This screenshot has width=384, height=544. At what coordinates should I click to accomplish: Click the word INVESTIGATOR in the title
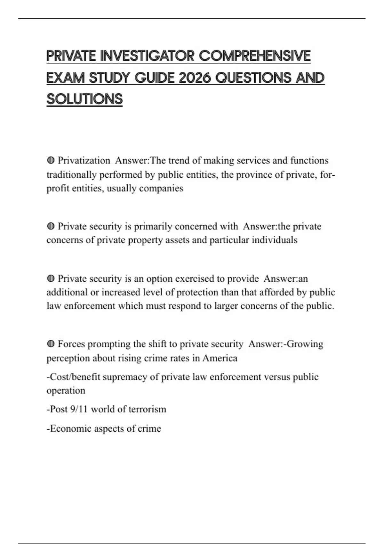tap(148, 56)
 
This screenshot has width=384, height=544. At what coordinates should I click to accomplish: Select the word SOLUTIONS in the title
tap(84, 99)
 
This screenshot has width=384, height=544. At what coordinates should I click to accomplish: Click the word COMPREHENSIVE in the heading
tap(255, 56)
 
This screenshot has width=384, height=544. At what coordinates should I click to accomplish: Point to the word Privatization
tap(84, 160)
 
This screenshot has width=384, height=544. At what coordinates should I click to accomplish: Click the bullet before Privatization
tap(51, 160)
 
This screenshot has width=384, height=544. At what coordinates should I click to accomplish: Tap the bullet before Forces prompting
tap(51, 344)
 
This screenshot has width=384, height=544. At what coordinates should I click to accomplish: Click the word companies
tap(161, 188)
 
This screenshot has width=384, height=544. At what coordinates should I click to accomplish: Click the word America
tap(220, 358)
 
